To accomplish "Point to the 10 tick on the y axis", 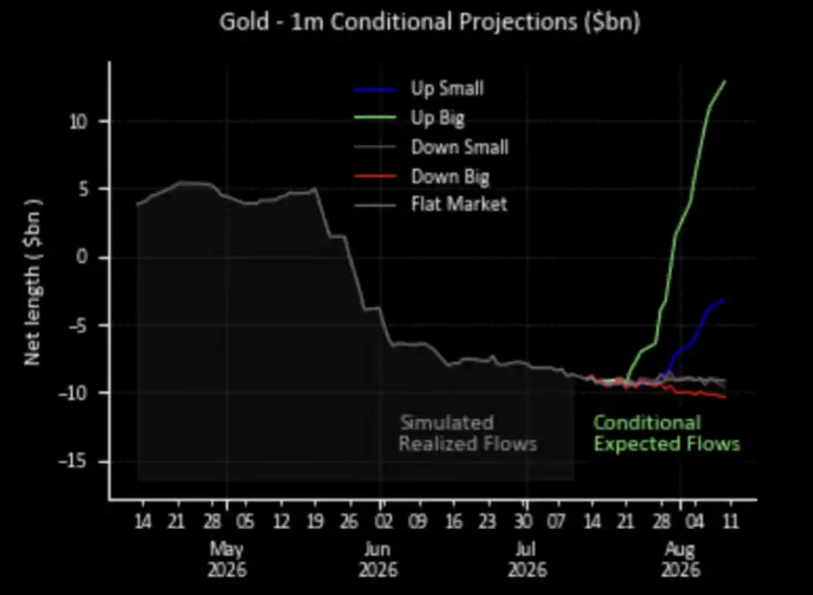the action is coord(80,122).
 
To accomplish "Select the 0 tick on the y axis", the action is coord(82,257).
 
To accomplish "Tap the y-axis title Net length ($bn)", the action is coord(33,282).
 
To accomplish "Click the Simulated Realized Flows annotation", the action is coord(467,433).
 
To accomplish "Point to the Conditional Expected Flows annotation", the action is coord(666,433).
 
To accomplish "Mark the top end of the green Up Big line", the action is coord(725,81).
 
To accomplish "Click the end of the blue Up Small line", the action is coord(725,299).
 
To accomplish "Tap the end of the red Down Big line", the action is coord(725,397).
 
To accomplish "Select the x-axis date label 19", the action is coord(314,521).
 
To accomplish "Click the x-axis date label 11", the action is coord(731,521).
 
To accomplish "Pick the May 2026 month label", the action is coord(227,558).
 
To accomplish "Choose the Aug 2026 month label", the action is coord(680,558).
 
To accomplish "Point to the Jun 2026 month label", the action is coord(378,558).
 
